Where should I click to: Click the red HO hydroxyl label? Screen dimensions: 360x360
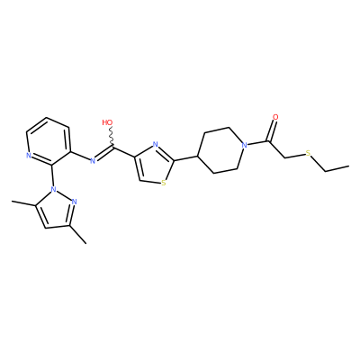pyautogui.click(x=107, y=122)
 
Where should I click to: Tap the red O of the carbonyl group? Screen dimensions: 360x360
pyautogui.click(x=275, y=117)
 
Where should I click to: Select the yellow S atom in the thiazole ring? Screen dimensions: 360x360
pyautogui.click(x=163, y=183)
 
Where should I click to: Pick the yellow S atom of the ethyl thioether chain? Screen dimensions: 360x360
pyautogui.click(x=308, y=153)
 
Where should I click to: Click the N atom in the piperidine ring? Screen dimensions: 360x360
pyautogui.click(x=245, y=146)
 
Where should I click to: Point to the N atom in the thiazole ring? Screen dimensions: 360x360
pyautogui.click(x=155, y=145)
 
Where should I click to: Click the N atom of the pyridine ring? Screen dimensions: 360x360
pyautogui.click(x=29, y=156)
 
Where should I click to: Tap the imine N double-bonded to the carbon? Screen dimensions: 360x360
pyautogui.click(x=93, y=161)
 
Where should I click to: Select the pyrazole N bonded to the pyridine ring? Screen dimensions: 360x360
pyautogui.click(x=54, y=189)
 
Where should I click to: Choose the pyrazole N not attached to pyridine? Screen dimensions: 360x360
pyautogui.click(x=75, y=202)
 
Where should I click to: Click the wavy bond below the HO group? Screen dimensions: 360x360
pyautogui.click(x=111, y=136)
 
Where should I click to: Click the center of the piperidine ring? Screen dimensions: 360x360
pyautogui.click(x=220, y=150)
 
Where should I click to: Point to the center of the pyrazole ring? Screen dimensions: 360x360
pyautogui.click(x=57, y=210)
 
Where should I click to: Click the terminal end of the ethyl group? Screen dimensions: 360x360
pyautogui.click(x=349, y=166)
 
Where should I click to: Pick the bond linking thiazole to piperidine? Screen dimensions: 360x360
pyautogui.click(x=186, y=158)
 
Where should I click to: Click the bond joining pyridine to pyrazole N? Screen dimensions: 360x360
pyautogui.click(x=53, y=175)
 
